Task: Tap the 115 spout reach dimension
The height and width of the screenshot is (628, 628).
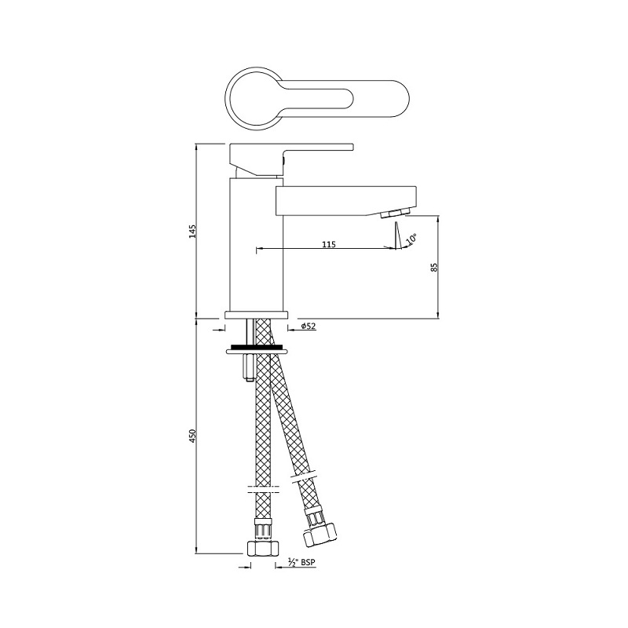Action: pos(329,245)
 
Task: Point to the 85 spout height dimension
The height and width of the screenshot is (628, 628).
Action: pos(433,267)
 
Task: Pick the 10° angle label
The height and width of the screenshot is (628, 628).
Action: pos(411,236)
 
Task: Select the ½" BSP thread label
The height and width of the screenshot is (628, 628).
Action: pos(302,561)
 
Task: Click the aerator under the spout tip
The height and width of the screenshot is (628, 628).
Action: pos(394,215)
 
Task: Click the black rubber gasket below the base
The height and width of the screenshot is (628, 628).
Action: pos(257,345)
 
